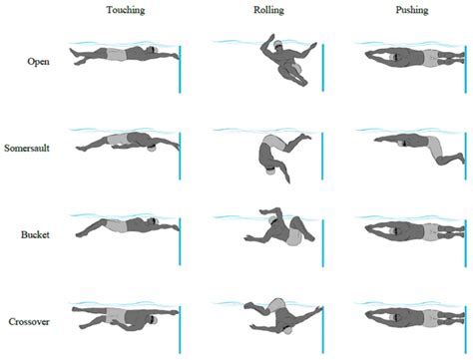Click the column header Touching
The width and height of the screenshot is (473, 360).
126,11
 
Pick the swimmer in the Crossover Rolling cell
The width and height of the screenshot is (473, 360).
279,317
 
